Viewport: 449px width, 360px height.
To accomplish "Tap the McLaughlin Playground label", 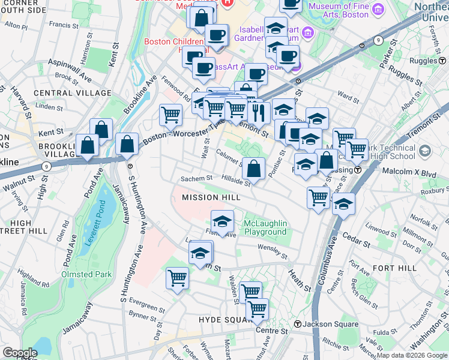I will (265, 228).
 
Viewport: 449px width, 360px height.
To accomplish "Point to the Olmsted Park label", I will (86, 274).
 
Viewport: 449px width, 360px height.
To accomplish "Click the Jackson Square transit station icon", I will (297, 325).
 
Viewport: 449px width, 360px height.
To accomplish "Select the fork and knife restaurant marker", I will (258, 111).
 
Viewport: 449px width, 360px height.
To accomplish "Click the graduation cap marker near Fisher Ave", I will (222, 221).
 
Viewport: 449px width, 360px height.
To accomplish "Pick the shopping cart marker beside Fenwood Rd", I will (170, 114).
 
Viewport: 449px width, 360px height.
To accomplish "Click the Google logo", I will (20, 353).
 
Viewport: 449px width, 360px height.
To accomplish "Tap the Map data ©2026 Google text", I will (411, 355).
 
